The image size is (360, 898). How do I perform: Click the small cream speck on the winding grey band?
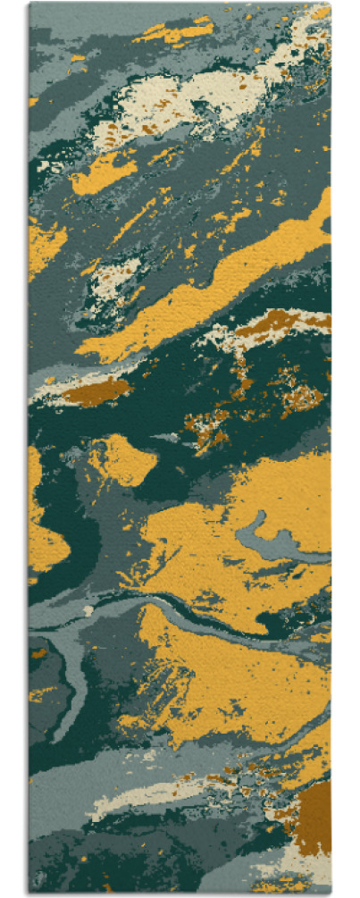[88, 610]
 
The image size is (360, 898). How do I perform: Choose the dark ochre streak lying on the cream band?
[277, 320]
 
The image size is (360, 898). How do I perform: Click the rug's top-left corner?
[29, 4]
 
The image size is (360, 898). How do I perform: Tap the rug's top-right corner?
[331, 4]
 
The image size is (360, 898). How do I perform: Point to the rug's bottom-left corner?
[29, 893]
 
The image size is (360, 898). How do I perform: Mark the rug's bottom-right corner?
[331, 893]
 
